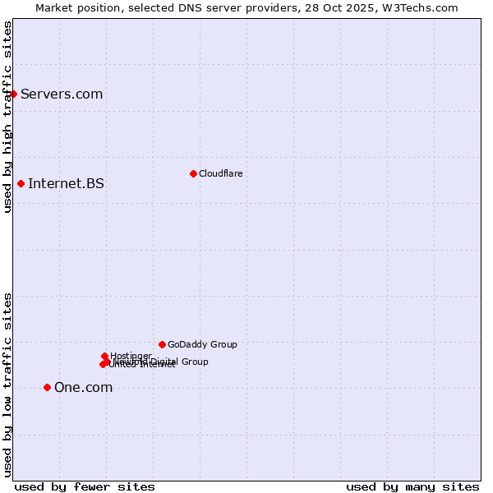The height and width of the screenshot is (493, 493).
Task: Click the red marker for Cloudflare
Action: pos(193,173)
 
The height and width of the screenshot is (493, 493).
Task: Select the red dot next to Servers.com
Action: pos(13,94)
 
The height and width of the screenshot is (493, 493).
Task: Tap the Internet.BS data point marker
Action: pos(21,183)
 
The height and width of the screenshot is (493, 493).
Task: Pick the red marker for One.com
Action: pos(47,387)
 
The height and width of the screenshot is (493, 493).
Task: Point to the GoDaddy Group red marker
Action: pos(162,344)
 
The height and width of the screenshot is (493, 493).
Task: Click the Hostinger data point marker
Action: pos(104,356)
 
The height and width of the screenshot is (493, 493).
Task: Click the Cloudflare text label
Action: pos(220,173)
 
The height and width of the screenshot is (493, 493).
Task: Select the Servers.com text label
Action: pos(62,94)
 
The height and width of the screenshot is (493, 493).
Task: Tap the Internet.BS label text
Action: pos(66,183)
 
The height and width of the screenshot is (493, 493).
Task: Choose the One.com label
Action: pos(83,388)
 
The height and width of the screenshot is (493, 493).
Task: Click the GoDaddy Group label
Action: pos(202,344)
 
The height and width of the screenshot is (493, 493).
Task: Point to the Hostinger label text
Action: pos(131,356)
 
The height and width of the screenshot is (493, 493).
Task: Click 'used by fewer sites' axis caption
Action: pos(85,486)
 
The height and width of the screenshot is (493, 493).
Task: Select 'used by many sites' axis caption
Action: pos(412,486)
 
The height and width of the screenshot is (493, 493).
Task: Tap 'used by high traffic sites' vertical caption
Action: pos(7,117)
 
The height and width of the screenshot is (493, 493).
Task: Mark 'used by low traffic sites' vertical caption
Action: pos(7,384)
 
